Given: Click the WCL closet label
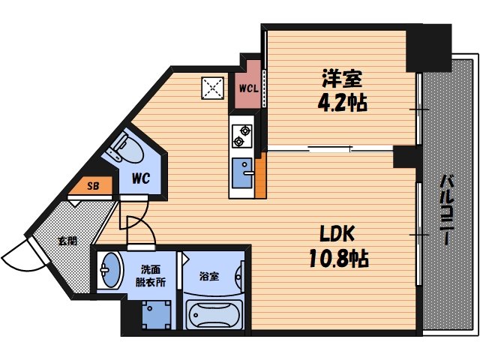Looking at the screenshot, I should [x=248, y=88].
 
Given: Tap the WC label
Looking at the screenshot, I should [x=142, y=180].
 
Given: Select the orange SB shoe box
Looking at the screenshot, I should [x=93, y=184].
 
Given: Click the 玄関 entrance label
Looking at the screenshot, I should [x=67, y=241].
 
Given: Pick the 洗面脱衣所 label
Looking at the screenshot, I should [x=151, y=278].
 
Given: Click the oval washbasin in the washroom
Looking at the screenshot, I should [x=111, y=271].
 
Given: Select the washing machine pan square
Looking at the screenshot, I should [x=154, y=314].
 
